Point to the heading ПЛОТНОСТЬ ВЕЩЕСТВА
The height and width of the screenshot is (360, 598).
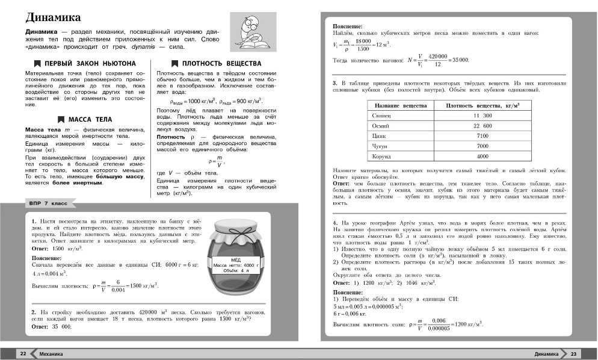point(221,63)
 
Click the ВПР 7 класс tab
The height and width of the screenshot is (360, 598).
point(48,205)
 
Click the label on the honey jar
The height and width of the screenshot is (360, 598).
point(232,266)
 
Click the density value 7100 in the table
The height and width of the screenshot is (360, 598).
point(482,136)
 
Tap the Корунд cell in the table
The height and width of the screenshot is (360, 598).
point(382,157)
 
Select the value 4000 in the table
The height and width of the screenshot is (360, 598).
point(482,157)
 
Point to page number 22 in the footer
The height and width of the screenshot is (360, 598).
point(23,354)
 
